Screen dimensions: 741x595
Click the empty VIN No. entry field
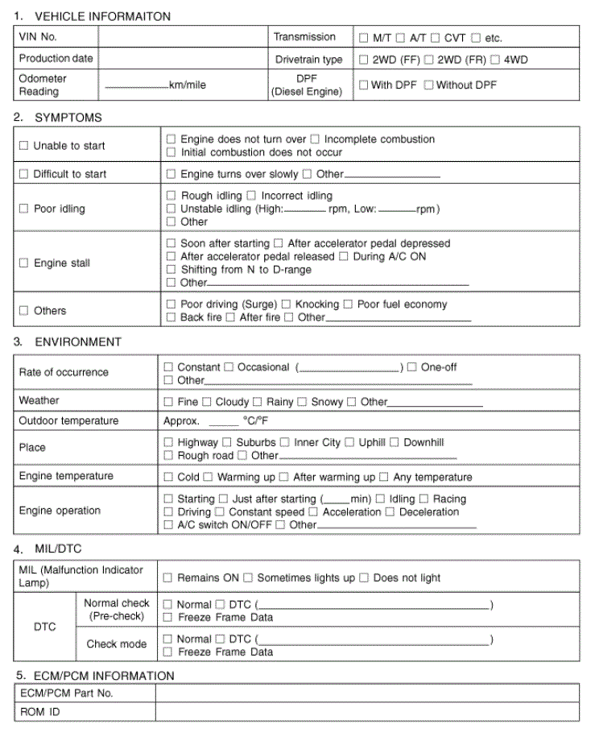pos(184,37)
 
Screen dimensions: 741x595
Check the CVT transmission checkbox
pos(436,38)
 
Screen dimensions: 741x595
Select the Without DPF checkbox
pos(428,85)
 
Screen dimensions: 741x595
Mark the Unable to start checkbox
pos(23,146)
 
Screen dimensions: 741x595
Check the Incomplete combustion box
pos(315,139)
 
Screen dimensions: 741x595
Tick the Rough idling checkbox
pos(171,196)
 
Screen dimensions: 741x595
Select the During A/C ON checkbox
pos(344,257)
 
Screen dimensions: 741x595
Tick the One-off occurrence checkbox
pos(412,367)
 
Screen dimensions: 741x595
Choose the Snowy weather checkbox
pos(302,402)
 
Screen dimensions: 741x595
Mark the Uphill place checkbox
pos(349,442)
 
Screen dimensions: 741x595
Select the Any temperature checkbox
pos(384,477)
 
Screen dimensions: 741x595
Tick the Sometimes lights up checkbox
pos(248,578)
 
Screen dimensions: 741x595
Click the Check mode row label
pos(117,644)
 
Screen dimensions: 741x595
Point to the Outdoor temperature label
pos(68,421)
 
